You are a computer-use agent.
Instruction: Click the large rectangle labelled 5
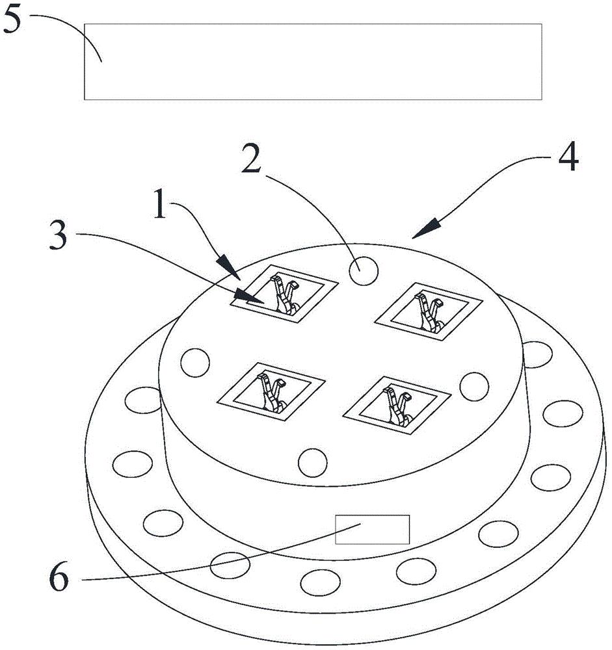click(313, 62)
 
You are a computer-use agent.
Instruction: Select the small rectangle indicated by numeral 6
click(372, 529)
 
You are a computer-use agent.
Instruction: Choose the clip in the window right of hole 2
click(429, 311)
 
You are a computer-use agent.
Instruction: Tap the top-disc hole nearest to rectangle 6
click(312, 461)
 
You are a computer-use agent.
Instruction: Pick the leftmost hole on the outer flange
click(129, 464)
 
